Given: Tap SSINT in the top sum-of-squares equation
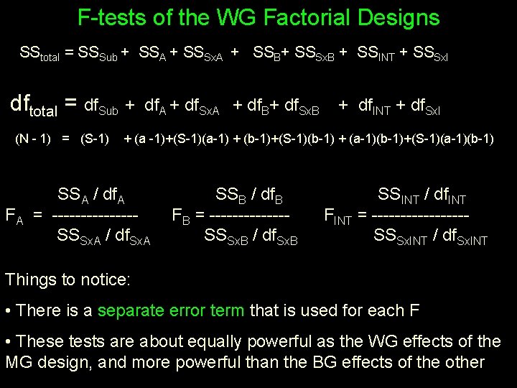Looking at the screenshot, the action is pos(378,54).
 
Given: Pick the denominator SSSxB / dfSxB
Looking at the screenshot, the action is pos(251,235).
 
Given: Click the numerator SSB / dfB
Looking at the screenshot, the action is pos(249,195).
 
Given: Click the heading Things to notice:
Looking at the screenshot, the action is pos(67,279).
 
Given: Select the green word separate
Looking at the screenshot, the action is pos(137,310).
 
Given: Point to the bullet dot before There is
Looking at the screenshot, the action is pos(8,311).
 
